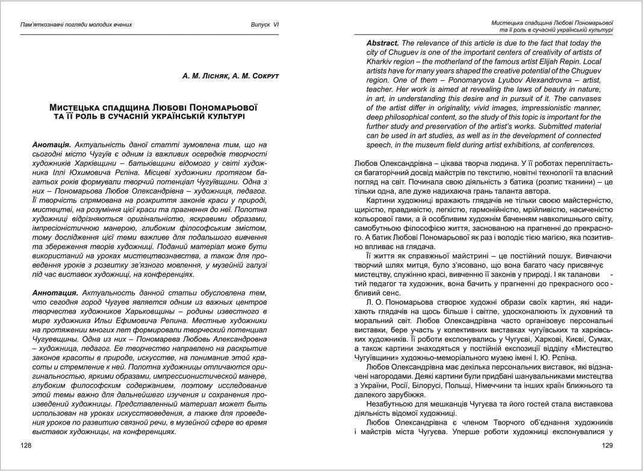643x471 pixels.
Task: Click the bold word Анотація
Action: [52, 145]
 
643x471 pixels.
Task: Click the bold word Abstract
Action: [382, 43]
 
